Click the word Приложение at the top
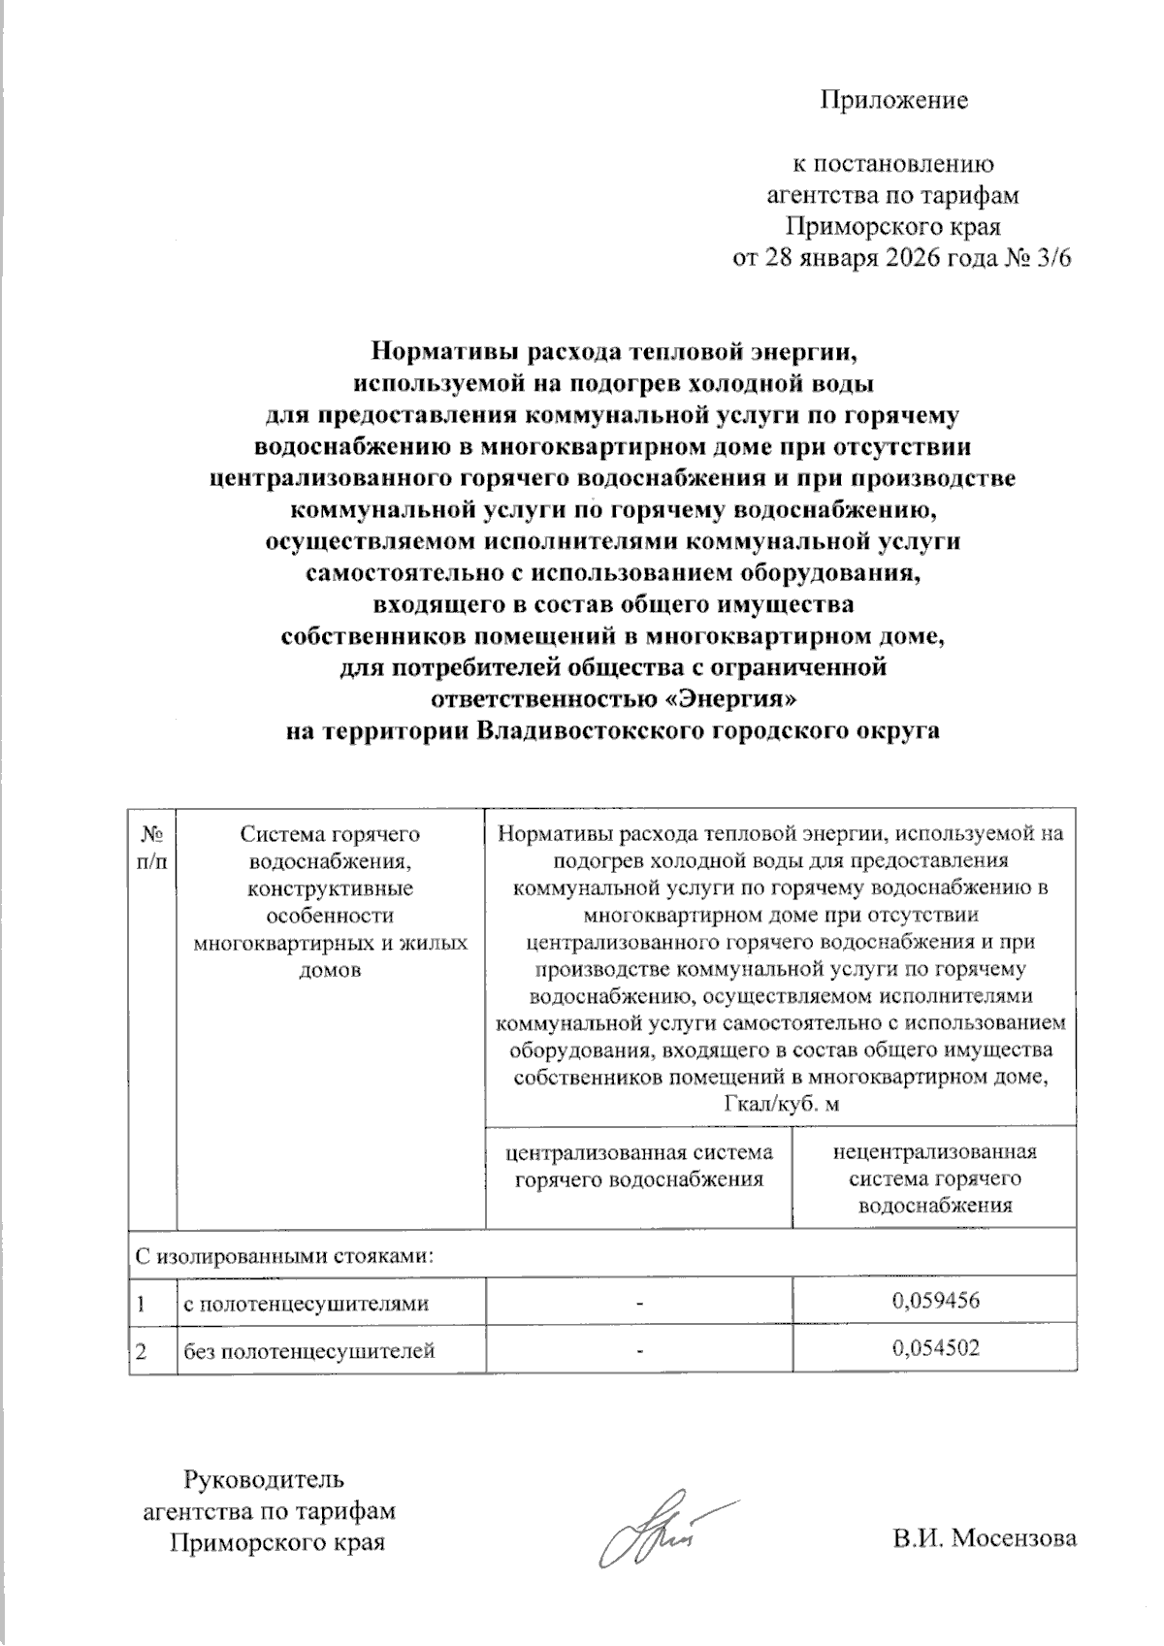click(894, 100)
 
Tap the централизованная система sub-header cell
click(639, 1165)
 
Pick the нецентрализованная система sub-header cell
click(934, 1178)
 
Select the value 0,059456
click(935, 1301)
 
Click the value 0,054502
click(935, 1348)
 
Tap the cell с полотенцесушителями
click(307, 1303)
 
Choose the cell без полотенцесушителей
click(309, 1350)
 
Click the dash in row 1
click(639, 1302)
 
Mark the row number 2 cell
click(143, 1350)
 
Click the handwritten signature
click(660, 1532)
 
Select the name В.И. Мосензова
click(985, 1538)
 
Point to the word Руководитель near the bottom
click(264, 1480)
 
